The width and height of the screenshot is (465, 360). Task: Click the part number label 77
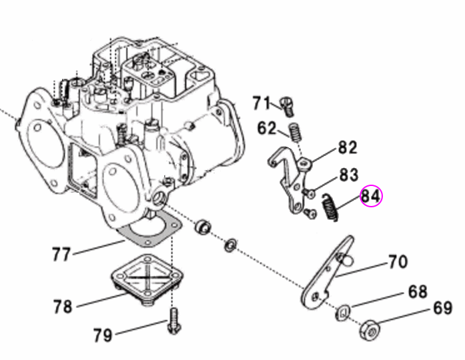pos(61,255)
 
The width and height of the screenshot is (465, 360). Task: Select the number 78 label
pos(63,307)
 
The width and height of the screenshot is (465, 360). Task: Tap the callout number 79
pos(103,335)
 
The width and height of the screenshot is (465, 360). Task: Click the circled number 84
pos(371,196)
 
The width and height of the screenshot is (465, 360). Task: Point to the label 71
pos(262,103)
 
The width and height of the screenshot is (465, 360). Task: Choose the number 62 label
pos(266,127)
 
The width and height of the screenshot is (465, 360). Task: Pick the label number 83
pos(349,175)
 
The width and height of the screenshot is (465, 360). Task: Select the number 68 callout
pos(418,293)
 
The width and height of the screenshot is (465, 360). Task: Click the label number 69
pos(442,309)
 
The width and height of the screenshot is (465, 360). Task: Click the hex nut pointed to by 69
pos(371,328)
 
